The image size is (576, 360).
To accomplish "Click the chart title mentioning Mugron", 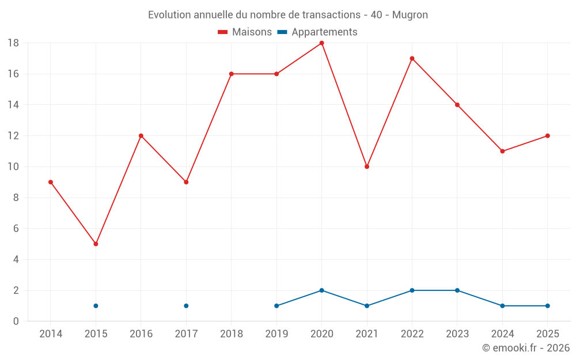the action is (288, 15).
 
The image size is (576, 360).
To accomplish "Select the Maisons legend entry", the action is (245, 32).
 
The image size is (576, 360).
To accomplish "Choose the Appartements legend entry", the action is (317, 32).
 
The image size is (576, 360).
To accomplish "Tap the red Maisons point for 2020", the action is (322, 43).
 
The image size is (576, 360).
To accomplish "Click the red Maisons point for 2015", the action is (96, 244).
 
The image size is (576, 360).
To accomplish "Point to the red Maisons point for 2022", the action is (412, 58).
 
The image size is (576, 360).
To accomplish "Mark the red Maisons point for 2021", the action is (367, 167).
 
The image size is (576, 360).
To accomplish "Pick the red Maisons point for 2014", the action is (51, 182).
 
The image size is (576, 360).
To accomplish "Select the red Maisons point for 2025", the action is (548, 136).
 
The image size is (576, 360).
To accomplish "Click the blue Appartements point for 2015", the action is (96, 306).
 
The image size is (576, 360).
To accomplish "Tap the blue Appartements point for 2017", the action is (186, 306).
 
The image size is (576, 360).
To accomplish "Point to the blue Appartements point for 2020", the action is (322, 290).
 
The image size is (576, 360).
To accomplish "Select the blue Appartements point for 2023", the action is (457, 290).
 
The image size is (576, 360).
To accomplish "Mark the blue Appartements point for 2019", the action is (276, 306).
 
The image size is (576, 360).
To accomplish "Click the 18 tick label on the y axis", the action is (13, 43).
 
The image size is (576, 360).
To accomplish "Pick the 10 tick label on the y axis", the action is (13, 167).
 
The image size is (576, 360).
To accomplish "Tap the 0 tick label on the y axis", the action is (16, 321).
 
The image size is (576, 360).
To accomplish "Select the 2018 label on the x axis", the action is (232, 334).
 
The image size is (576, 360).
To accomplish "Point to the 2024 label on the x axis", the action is (502, 334).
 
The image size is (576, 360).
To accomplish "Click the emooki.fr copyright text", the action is (526, 348).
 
